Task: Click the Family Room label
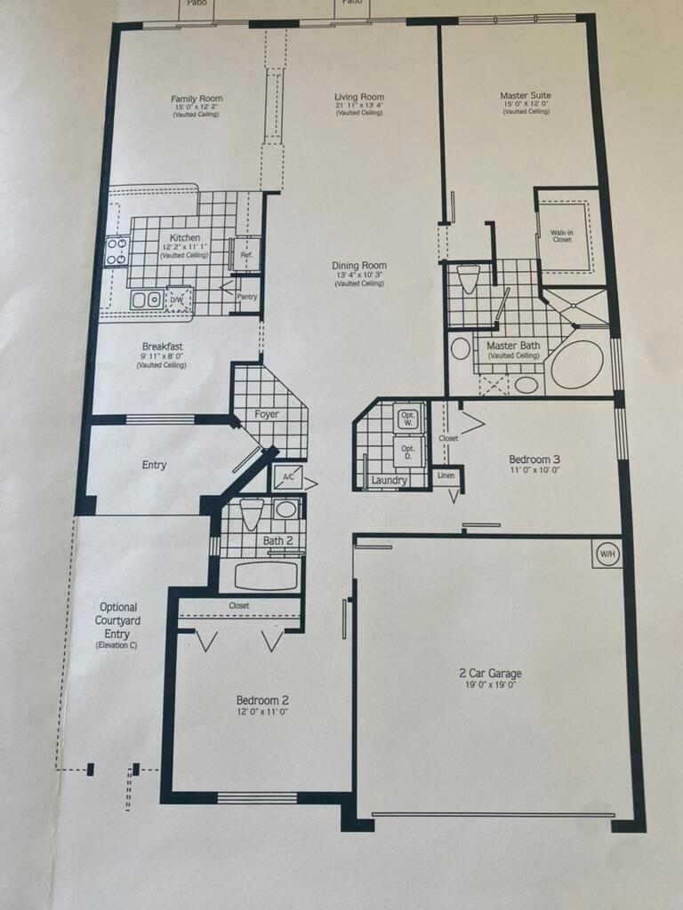tap(197, 99)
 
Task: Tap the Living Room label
tap(359, 97)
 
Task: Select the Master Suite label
tap(526, 95)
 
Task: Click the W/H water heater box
tap(607, 554)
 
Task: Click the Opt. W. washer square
tap(408, 419)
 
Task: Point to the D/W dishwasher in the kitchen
tap(179, 299)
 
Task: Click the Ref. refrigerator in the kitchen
tap(245, 255)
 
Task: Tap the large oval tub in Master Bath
tap(576, 364)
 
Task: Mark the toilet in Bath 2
tap(252, 514)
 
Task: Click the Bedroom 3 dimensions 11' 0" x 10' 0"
tap(534, 471)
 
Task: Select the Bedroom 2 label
tap(261, 699)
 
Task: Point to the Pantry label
tap(246, 297)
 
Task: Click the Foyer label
tap(266, 414)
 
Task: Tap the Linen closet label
tap(446, 476)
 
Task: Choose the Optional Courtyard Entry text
tap(117, 620)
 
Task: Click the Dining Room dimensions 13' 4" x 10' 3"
tap(359, 276)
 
